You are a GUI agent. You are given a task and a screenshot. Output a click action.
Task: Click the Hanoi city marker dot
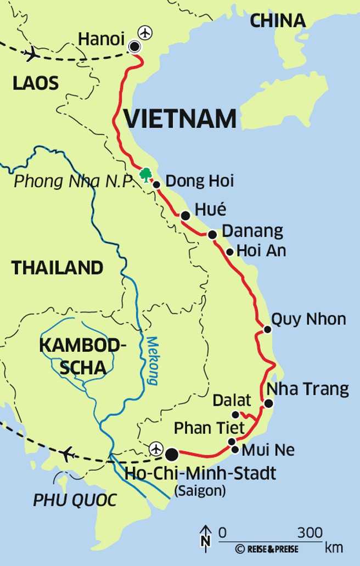coord(134,47)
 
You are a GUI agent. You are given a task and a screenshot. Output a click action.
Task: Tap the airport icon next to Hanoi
coord(145,33)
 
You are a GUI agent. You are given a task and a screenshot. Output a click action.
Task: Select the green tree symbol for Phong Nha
coord(145,175)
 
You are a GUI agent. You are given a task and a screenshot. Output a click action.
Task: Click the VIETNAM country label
coord(180,119)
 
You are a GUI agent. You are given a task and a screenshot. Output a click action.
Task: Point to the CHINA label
coord(278,20)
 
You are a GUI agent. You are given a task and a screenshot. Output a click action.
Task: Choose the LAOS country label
coord(36,83)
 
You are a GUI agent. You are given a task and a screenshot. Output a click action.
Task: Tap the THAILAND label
coord(58,268)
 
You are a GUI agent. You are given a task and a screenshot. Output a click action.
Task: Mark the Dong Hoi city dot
coord(156,185)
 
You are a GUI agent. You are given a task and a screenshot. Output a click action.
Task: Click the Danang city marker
coord(212,234)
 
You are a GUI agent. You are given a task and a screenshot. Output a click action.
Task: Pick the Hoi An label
coord(261,251)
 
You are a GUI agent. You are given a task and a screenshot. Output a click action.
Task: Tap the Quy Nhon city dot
coord(267,329)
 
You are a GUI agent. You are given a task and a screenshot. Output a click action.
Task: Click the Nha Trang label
coord(307,389)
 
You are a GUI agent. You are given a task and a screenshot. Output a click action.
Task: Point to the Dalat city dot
coord(235,414)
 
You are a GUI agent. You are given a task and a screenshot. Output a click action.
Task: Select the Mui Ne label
coord(268,450)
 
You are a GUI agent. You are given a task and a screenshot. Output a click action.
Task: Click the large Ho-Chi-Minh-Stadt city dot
coord(172,454)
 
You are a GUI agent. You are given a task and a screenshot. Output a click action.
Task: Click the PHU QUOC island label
coord(75,500)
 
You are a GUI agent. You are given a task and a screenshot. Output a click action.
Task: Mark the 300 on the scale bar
coord(310,533)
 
